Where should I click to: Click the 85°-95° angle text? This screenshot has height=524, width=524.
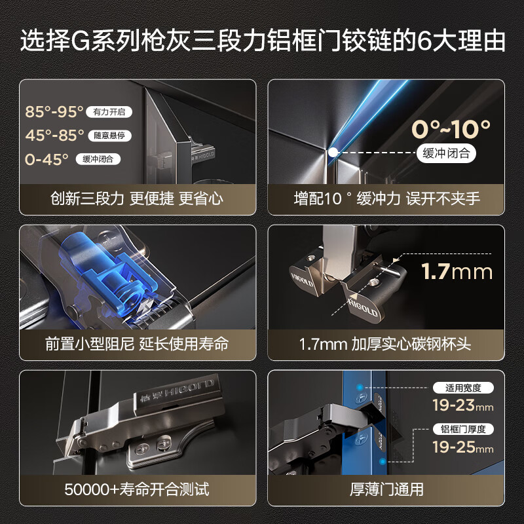pyautogui.click(x=54, y=112)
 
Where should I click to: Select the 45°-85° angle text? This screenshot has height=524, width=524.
pyautogui.click(x=54, y=136)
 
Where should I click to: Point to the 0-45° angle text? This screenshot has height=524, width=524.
pyautogui.click(x=47, y=159)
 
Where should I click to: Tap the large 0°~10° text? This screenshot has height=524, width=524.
pyautogui.click(x=451, y=128)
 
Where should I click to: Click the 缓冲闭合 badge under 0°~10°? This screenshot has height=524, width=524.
pyautogui.click(x=446, y=154)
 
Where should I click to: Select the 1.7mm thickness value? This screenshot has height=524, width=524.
pyautogui.click(x=456, y=271)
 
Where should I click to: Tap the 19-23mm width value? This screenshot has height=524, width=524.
pyautogui.click(x=462, y=405)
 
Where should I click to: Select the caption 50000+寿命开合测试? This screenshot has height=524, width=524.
pyautogui.click(x=137, y=489)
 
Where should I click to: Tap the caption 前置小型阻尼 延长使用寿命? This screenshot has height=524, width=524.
pyautogui.click(x=137, y=344)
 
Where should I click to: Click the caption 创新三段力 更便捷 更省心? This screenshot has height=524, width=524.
pyautogui.click(x=137, y=198)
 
